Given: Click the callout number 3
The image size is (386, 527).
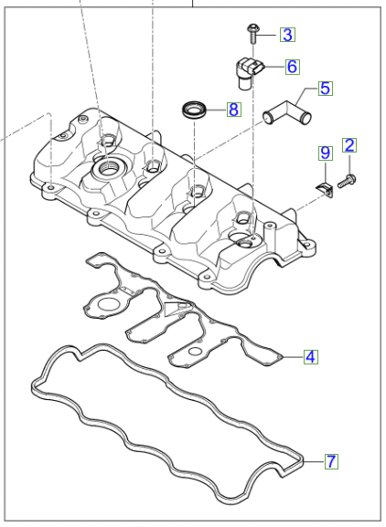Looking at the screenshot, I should [x=287, y=36].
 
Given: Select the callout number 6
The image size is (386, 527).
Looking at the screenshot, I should [x=292, y=67].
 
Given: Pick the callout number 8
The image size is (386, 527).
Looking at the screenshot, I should [x=233, y=110].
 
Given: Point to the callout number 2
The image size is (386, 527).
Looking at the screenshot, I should [x=349, y=144].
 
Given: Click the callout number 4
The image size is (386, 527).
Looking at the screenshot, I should [x=311, y=357].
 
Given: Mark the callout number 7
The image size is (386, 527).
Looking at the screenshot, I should [x=331, y=463].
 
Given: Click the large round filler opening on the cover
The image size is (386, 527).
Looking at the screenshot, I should [x=108, y=169].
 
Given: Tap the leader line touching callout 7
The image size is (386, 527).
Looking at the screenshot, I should [x=313, y=463].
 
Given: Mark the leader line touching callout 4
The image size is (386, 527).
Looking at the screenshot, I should [x=291, y=357].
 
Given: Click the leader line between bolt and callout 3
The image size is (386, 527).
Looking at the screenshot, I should [x=270, y=36].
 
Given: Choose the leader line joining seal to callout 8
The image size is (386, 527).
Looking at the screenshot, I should [x=217, y=111].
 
